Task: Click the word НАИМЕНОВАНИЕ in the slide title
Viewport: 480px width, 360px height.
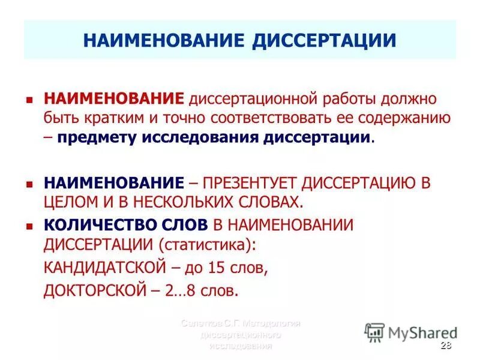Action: coord(164,40)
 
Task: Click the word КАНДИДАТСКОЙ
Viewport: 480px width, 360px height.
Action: coord(96,267)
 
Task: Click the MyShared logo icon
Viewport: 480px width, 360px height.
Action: coord(374,332)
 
